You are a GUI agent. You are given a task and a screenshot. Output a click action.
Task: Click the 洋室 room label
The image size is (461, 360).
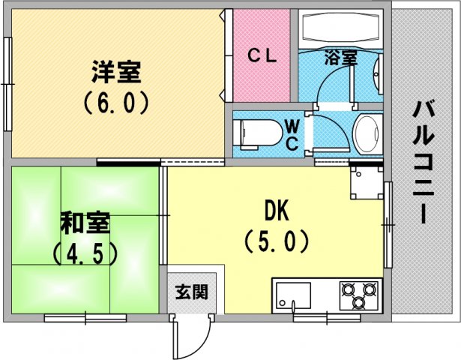point(116,72)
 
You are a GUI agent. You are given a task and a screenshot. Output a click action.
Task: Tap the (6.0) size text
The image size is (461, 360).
point(115,103)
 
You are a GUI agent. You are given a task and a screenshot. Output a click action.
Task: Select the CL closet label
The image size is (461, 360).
point(262,55)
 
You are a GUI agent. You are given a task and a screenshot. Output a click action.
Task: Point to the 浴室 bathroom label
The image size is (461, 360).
point(341,58)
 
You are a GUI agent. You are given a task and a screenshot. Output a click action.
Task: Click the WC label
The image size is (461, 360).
point(292,136)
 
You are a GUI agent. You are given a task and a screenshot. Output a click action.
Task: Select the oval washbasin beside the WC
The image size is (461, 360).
point(367,133)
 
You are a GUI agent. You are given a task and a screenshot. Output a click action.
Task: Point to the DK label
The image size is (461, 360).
point(277,211)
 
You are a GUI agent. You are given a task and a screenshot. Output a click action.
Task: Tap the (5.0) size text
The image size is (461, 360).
point(277,241)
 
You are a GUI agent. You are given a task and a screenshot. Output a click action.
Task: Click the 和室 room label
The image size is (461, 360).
point(85,223)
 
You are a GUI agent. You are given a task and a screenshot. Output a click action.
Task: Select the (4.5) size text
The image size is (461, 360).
point(85,253)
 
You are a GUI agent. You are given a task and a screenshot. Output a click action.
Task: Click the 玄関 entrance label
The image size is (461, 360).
point(191,292)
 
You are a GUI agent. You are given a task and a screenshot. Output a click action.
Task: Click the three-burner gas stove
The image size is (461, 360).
point(359,295)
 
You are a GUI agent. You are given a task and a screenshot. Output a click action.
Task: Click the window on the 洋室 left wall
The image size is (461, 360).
point(8,84)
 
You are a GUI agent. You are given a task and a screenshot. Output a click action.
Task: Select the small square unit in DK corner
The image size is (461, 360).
point(367,183)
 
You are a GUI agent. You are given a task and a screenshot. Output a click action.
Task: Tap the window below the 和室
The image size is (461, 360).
point(85,318)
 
